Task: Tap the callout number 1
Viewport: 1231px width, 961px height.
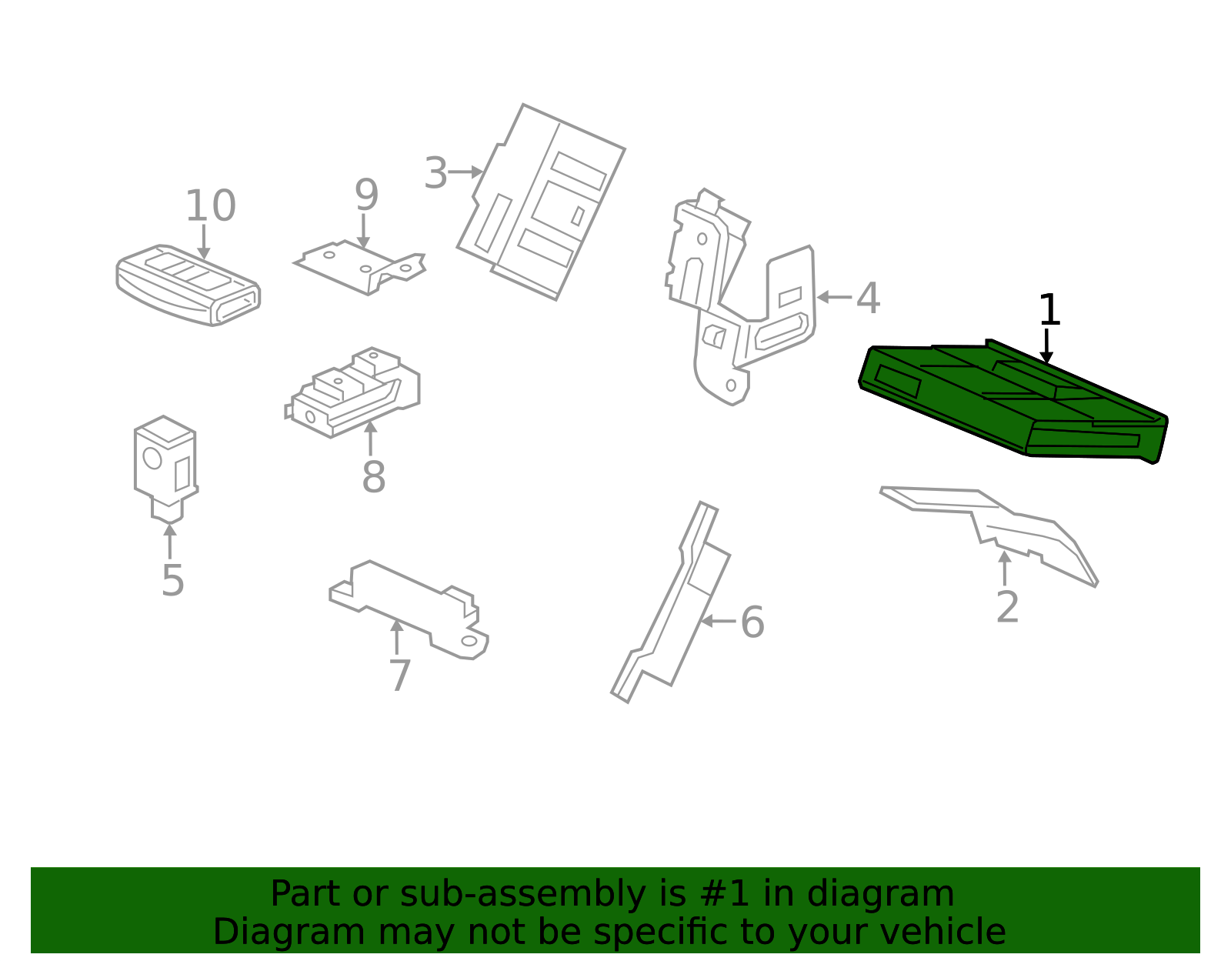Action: click(x=1049, y=311)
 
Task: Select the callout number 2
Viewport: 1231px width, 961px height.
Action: click(x=1007, y=608)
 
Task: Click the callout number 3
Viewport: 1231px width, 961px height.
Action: click(x=435, y=173)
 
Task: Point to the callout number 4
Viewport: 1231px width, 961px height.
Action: click(x=868, y=299)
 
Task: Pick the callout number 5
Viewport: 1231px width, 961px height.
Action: click(x=172, y=580)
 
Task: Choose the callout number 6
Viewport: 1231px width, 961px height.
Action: click(x=752, y=622)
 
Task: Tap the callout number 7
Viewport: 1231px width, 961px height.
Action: click(x=399, y=676)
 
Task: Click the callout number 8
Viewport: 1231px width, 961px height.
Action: click(x=373, y=478)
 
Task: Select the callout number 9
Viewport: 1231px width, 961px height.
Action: click(x=366, y=195)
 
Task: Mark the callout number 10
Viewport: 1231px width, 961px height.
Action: click(x=210, y=206)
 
